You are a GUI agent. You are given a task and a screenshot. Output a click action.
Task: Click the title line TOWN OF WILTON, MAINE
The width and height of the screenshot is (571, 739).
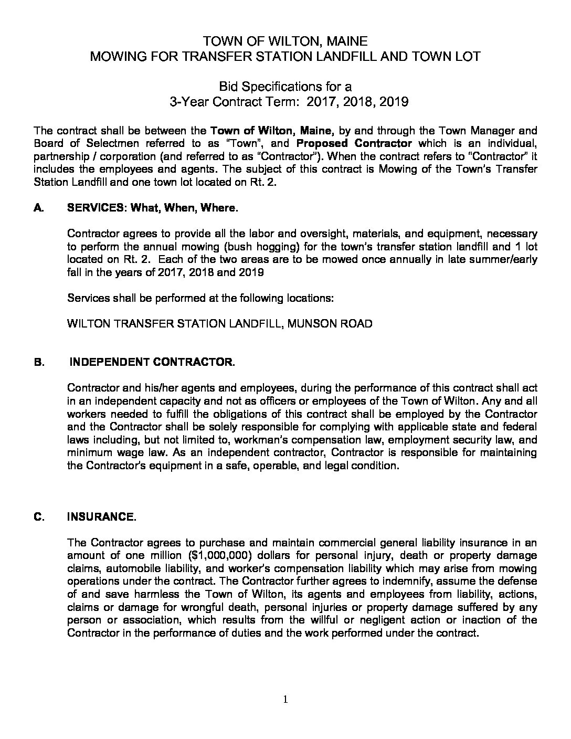[x=285, y=41]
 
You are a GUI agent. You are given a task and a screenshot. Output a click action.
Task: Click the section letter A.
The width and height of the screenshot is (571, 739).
[x=38, y=208]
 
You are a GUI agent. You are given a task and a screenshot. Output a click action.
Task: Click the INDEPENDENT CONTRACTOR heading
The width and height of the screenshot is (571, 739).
[x=152, y=362]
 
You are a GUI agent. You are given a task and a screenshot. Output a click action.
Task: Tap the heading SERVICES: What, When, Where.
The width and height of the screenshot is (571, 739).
[x=153, y=208]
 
